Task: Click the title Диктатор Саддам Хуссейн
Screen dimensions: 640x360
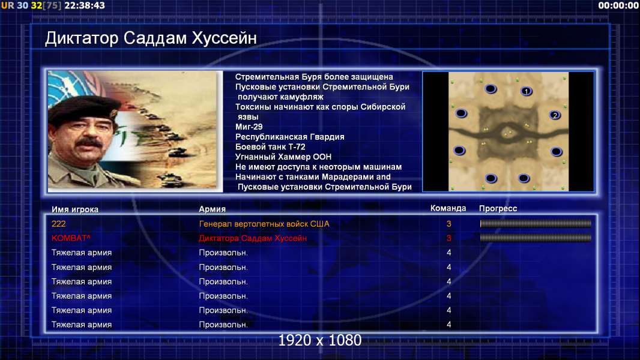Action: [x=151, y=38]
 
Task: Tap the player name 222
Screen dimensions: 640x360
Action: [x=58, y=224]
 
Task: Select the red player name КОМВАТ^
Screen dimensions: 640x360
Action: [x=71, y=238]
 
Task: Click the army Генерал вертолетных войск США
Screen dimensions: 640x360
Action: [x=264, y=224]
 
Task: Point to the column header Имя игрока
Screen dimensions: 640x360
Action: [x=74, y=209]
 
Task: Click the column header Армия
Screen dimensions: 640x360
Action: [x=213, y=209]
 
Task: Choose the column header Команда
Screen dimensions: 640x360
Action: [x=448, y=208]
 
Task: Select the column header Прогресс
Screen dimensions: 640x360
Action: [x=498, y=209]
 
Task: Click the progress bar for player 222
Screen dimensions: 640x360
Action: [x=536, y=223]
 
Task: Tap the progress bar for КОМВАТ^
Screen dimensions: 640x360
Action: [x=536, y=238]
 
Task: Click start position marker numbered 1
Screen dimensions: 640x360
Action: [x=527, y=91]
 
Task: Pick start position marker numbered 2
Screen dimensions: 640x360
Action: [x=555, y=115]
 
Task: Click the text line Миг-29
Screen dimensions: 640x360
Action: [x=249, y=127]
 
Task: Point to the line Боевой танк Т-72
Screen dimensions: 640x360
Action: [x=270, y=147]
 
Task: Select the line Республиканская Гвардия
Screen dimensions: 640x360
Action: [x=290, y=137]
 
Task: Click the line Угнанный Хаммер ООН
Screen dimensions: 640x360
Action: [x=283, y=157]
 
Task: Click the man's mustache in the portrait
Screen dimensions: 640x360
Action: [x=89, y=143]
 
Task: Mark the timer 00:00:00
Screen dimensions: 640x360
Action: [x=618, y=6]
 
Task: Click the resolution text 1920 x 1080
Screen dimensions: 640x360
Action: [x=320, y=340]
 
